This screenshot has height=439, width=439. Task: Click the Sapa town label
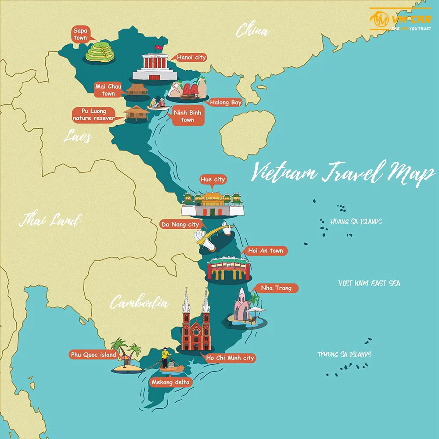coord(81,34)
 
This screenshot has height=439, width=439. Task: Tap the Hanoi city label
coord(191,58)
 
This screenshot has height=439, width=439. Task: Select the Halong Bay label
coord(226,102)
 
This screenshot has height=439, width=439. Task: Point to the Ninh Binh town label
coord(187,116)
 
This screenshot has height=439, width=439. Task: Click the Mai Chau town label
coord(108,90)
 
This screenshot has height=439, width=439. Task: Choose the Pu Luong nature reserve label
coord(93,115)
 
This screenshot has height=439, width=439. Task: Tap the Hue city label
coord(212,180)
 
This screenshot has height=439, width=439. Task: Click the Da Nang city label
coord(180,224)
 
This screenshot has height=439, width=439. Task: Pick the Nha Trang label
coord(276,288)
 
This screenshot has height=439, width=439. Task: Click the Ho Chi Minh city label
coord(230,358)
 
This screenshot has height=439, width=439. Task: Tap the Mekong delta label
coord(170,382)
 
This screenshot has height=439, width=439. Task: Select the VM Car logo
coord(400,19)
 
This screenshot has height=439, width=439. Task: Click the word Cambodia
coord(139,302)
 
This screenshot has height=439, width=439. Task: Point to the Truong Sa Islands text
coord(345,354)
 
